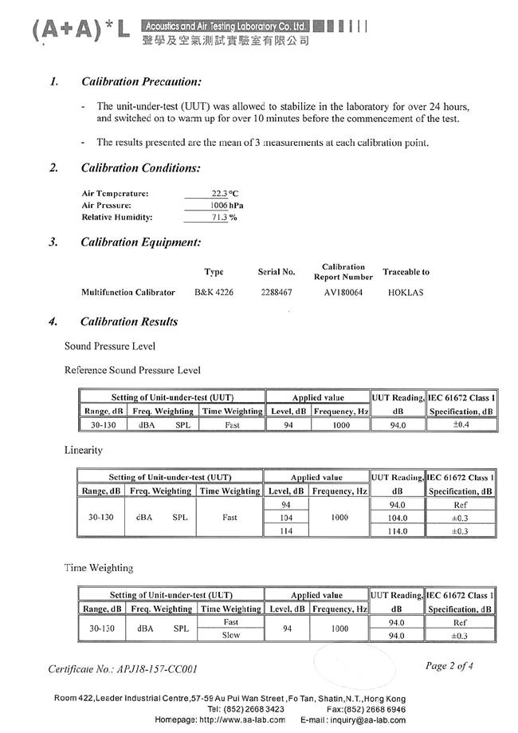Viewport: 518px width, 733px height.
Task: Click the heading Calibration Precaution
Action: tap(140, 81)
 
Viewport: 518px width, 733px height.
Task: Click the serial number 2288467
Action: tap(277, 293)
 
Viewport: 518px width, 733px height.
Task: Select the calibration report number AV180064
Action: tap(343, 293)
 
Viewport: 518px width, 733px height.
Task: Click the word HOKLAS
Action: tap(406, 293)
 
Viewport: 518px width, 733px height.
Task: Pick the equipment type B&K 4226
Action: tap(214, 293)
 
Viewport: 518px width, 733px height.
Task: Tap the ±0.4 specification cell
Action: tap(461, 425)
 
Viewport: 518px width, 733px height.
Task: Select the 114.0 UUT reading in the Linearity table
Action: tap(397, 531)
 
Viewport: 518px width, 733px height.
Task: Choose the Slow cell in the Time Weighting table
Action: tap(230, 636)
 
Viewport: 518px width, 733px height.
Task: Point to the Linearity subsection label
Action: tap(84, 451)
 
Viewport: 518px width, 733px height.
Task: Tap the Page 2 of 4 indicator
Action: tap(449, 666)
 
